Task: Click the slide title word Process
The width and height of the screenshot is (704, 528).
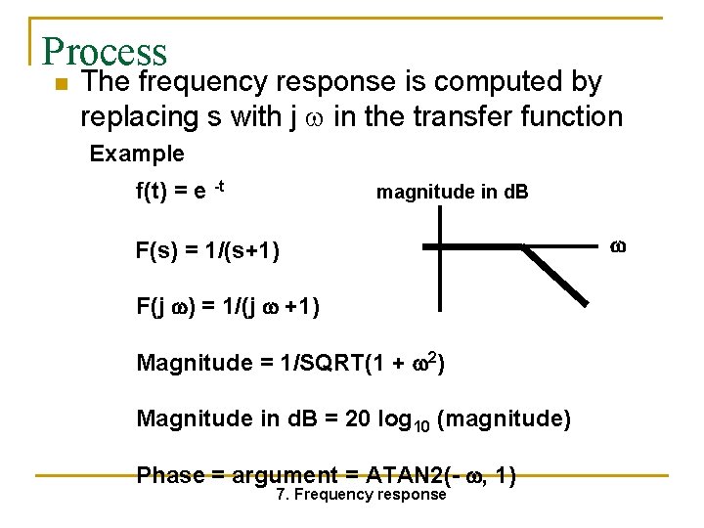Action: coord(106,51)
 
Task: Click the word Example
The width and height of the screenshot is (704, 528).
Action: coord(137,154)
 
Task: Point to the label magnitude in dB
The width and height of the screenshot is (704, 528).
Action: coord(453,192)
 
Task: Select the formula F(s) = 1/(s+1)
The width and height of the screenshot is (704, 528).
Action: coord(207,251)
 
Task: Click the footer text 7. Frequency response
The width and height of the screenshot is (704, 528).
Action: coord(361,495)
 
